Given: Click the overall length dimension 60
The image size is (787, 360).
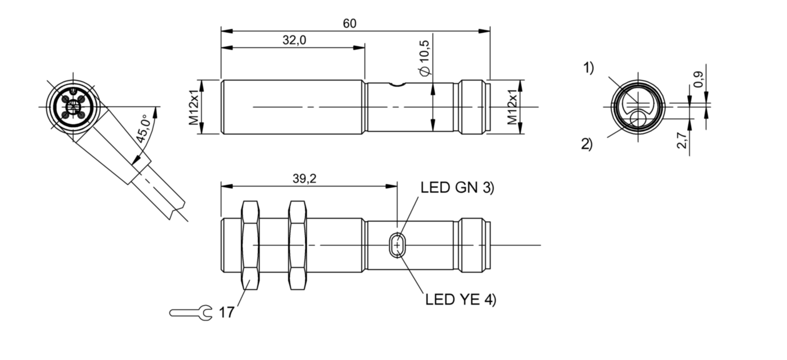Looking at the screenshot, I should coord(350,23).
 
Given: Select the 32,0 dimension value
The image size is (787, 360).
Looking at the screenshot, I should coord(294,40).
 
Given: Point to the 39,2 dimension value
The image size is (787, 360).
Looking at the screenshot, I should coord(305,179).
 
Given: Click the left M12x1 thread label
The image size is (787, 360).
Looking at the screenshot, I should coord(194,107).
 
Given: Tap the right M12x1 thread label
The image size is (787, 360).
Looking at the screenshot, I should coord(513,107).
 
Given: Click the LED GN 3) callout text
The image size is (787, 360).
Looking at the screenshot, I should coord(457,188).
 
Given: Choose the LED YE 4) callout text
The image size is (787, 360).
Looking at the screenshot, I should coord(461,299).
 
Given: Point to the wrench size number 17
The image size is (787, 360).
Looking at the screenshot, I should coord(226,313).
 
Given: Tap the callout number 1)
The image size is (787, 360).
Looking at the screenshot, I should coord(588,68).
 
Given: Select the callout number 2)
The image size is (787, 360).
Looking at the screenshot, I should coord(587,144).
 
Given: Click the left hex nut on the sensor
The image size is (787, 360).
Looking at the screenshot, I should coord(250,245).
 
